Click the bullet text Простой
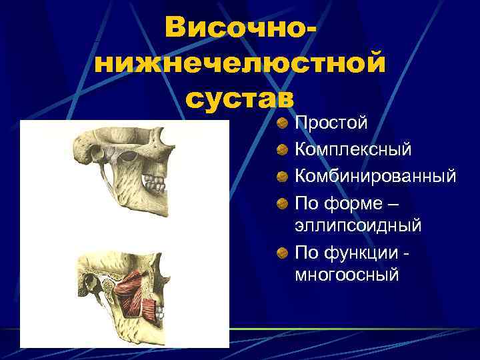pyautogui.click(x=331, y=124)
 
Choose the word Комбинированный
pyautogui.click(x=375, y=176)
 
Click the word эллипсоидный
pyautogui.click(x=358, y=225)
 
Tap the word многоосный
pyautogui.click(x=347, y=273)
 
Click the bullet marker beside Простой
pyautogui.click(x=283, y=124)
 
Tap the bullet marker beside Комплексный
pyautogui.click(x=283, y=150)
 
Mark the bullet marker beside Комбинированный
pyautogui.click(x=283, y=176)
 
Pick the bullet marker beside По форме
pyautogui.click(x=283, y=201)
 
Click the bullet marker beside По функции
pyautogui.click(x=283, y=251)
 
